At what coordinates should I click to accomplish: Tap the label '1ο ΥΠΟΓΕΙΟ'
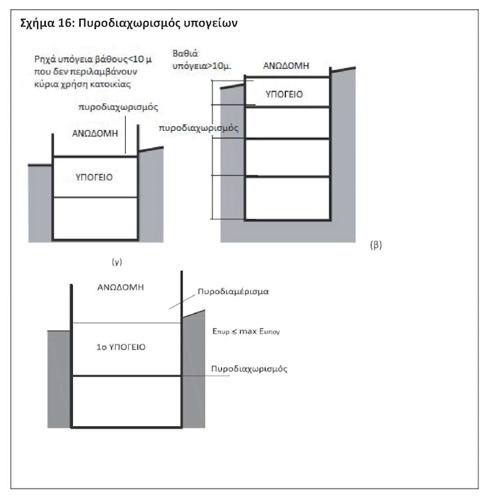pyautogui.click(x=121, y=347)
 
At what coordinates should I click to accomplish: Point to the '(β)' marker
pyautogui.click(x=376, y=245)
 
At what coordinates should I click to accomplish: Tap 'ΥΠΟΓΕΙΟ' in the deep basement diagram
pyautogui.click(x=284, y=94)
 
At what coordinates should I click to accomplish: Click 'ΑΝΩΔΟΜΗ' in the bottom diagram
pyautogui.click(x=121, y=288)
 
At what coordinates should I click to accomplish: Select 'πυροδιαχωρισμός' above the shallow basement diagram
pyautogui.click(x=117, y=106)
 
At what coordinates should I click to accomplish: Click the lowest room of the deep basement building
pyautogui.click(x=286, y=198)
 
